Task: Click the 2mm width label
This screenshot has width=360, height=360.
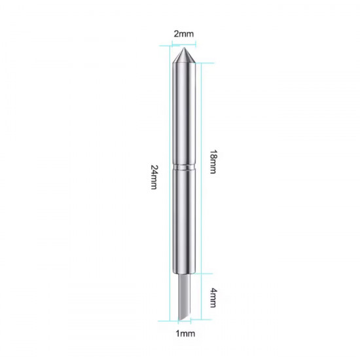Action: (x=184, y=34)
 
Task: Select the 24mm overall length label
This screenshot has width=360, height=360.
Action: (x=154, y=177)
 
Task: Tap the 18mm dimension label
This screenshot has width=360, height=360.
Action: (x=213, y=162)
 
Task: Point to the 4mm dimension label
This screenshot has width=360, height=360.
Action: (x=213, y=298)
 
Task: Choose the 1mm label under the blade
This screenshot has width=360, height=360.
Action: (x=185, y=333)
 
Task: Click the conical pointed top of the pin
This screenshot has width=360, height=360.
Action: (x=184, y=56)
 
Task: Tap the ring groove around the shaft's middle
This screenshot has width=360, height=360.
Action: (x=184, y=167)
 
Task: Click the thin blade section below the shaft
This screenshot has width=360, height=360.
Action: (x=185, y=297)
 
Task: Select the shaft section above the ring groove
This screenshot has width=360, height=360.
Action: (x=184, y=114)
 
